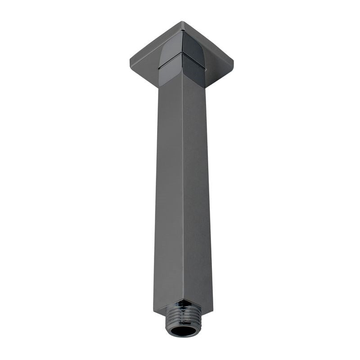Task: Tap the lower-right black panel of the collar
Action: point(193,72)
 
